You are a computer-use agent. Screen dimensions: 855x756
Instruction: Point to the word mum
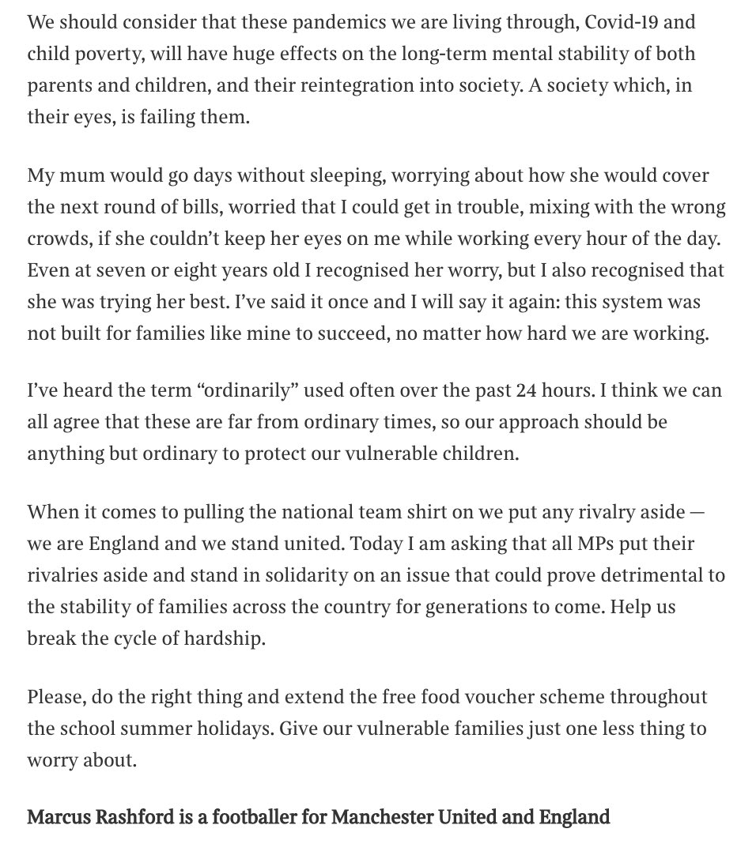point(74,175)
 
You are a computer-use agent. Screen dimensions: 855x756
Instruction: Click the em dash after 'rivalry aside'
point(695,511)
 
